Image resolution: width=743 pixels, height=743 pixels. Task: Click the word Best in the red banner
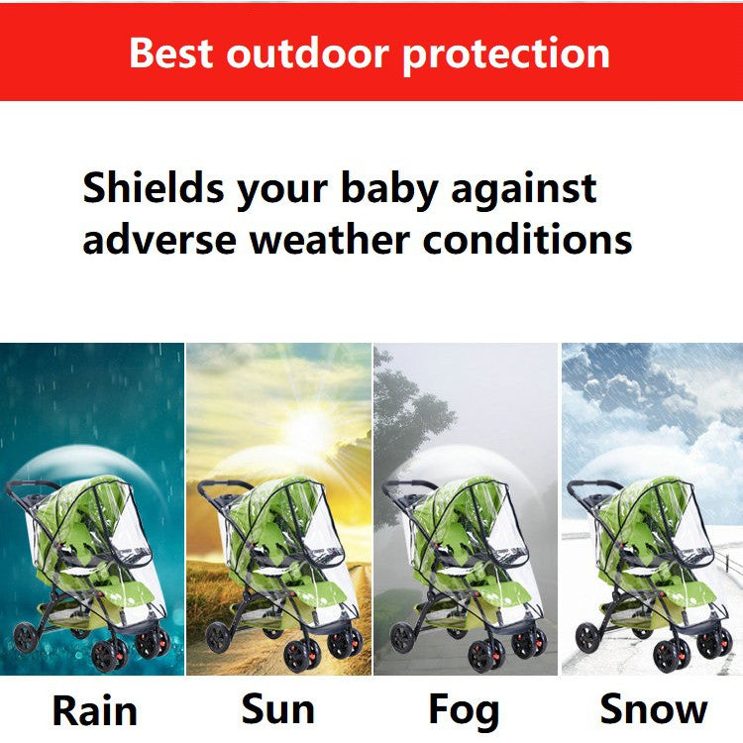[171, 53]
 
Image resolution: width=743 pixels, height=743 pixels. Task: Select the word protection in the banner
[505, 53]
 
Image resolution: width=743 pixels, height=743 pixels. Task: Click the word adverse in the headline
[159, 239]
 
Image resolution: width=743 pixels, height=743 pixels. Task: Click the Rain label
[94, 710]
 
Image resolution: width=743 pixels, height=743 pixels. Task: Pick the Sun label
[278, 709]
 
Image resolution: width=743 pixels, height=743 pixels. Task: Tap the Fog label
[464, 710]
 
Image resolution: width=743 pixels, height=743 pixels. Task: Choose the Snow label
[654, 709]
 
